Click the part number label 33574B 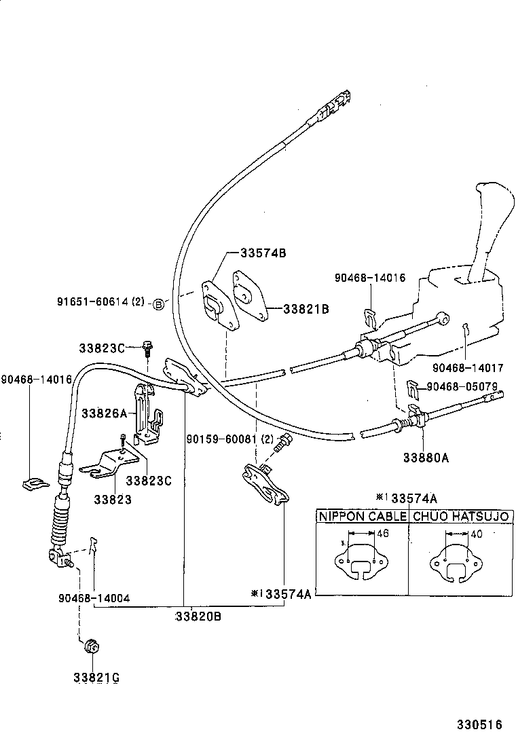pyautogui.click(x=263, y=253)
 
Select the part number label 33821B pyautogui.click(x=306, y=309)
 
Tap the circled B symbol pyautogui.click(x=158, y=303)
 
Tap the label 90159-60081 pyautogui.click(x=221, y=439)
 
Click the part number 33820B pyautogui.click(x=198, y=616)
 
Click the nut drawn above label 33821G pyautogui.click(x=91, y=647)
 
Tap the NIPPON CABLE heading pyautogui.click(x=363, y=517)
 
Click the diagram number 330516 pyautogui.click(x=478, y=724)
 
